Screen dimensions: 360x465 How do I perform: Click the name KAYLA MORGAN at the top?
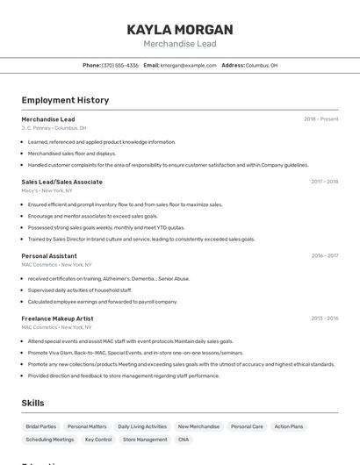coord(180,29)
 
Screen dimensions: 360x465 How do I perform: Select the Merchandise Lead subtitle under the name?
coord(180,44)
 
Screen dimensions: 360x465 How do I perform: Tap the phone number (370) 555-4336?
coord(119,65)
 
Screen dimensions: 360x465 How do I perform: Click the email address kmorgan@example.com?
coord(188,65)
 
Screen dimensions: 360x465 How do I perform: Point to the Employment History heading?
coord(65,100)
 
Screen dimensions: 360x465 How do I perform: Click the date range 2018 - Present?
coord(320,118)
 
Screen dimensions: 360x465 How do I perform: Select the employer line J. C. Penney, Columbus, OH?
coord(54,128)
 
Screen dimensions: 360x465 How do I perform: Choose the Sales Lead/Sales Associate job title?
coord(61,182)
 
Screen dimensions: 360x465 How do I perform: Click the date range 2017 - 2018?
coord(324,182)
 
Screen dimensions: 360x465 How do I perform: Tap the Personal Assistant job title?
coord(49,255)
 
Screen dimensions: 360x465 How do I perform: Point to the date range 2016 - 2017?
coord(324,255)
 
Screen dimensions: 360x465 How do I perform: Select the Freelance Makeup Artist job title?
coord(57,318)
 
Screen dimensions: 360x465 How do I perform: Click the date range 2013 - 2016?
coord(324,318)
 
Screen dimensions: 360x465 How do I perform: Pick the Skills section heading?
coord(33,403)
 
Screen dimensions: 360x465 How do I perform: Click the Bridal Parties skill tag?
coord(40,426)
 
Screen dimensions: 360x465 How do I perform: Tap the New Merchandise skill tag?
coord(198,426)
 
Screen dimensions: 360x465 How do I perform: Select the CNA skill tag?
coord(184,440)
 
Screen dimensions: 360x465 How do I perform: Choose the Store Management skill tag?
coord(145,440)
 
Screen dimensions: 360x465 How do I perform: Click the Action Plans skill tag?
coord(289,426)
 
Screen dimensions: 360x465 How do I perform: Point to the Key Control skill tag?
coord(98,440)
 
